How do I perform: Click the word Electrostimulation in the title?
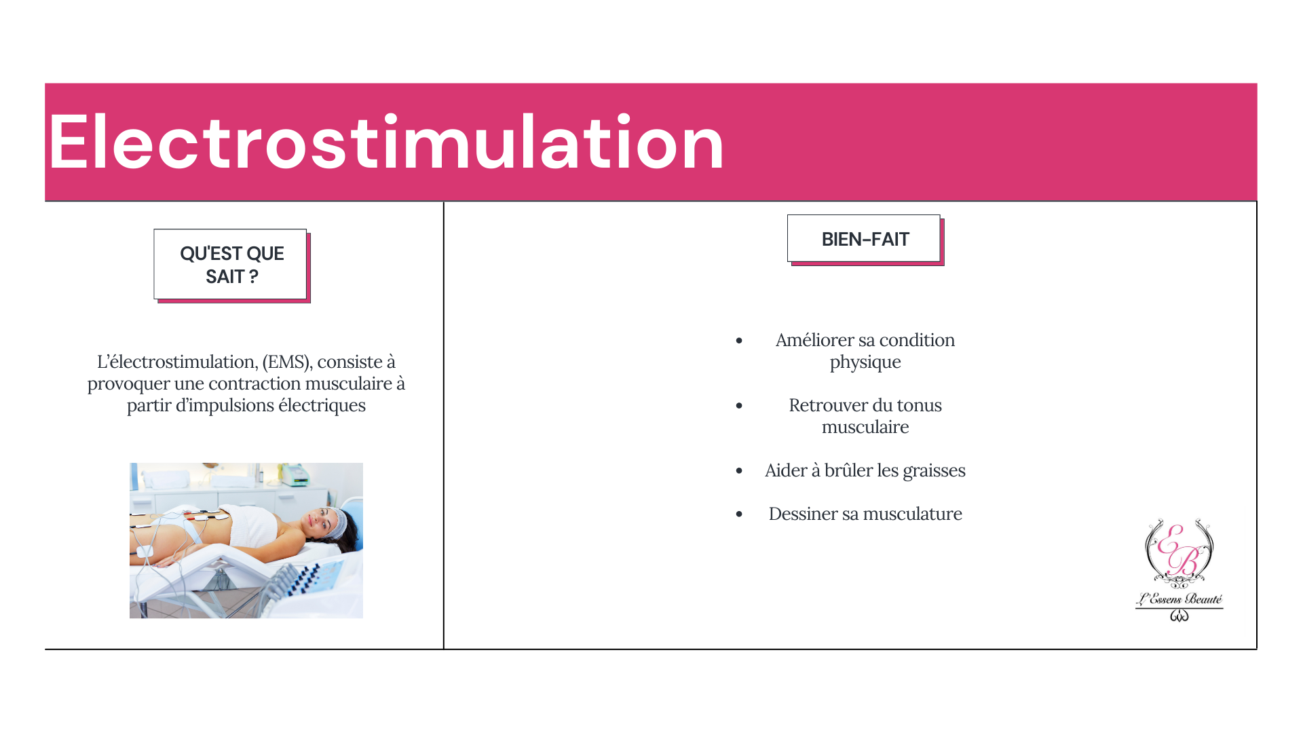tap(386, 143)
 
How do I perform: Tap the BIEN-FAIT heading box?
tap(864, 238)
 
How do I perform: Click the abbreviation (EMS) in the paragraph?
tap(287, 362)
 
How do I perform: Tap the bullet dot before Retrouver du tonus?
tap(739, 406)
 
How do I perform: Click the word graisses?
tap(934, 471)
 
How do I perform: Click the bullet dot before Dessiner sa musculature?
tap(739, 514)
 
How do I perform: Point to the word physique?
tap(865, 362)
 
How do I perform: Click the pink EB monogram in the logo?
tap(1180, 550)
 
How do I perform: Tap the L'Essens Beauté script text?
tap(1179, 599)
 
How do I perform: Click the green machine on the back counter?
tap(295, 474)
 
